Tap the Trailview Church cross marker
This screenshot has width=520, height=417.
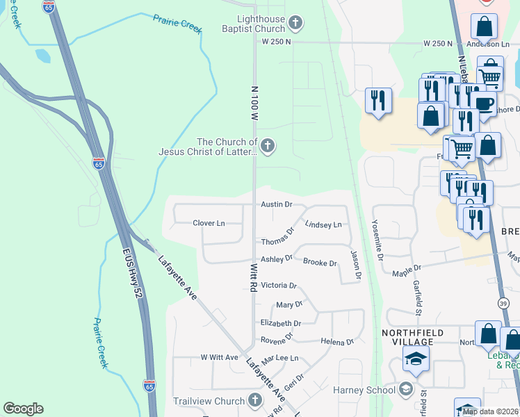pos(255,401)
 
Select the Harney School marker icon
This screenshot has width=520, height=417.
pos(407,390)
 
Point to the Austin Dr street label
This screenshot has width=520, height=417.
pos(277,205)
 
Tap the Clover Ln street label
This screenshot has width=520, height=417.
pos(209,223)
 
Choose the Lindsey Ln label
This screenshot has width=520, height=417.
pos(323,225)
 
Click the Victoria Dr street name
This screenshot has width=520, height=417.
pos(278,286)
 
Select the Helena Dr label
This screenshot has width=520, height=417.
pos(337,341)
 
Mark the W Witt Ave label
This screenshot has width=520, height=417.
pos(219,357)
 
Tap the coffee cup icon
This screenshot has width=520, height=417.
pos(485,104)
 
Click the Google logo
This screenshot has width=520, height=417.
pos(23,409)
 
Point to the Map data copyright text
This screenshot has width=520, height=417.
pos(490,411)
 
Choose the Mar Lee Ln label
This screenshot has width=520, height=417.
pos(279,359)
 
